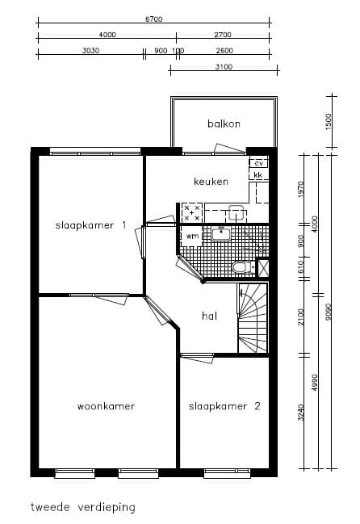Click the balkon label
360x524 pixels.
pyautogui.click(x=224, y=124)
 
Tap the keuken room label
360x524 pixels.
pyautogui.click(x=211, y=181)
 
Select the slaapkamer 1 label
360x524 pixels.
pyautogui.click(x=90, y=225)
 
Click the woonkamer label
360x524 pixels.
pyautogui.click(x=105, y=405)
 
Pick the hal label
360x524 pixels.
pyautogui.click(x=210, y=316)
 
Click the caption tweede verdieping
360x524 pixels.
pyautogui.click(x=83, y=508)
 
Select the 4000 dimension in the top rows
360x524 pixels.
pyautogui.click(x=107, y=35)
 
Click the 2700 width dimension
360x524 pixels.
pyautogui.click(x=223, y=35)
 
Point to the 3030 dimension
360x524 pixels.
pyautogui.click(x=90, y=51)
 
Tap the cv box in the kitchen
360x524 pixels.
pyautogui.click(x=259, y=164)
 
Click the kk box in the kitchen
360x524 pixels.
pyautogui.click(x=259, y=175)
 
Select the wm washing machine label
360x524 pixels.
pyautogui.click(x=193, y=236)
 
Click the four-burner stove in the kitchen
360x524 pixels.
pyautogui.click(x=192, y=212)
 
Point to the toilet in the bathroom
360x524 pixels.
pyautogui.click(x=240, y=266)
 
